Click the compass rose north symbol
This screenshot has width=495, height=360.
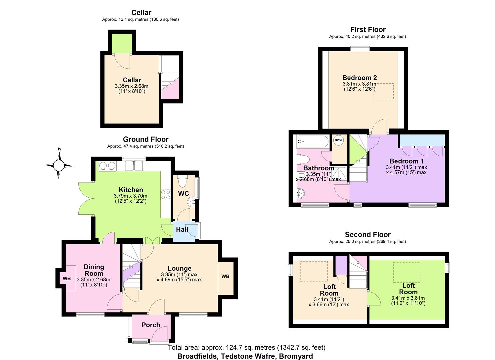click(x=59, y=165)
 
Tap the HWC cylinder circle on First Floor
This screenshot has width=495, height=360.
click(x=338, y=140)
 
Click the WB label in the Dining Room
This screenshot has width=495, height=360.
click(x=67, y=278)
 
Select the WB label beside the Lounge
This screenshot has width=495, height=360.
click(x=225, y=276)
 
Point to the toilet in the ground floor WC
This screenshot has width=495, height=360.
click(x=182, y=181)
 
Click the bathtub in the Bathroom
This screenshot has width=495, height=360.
click(x=313, y=142)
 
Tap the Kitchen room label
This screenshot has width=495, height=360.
click(x=131, y=190)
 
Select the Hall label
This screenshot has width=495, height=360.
click(x=182, y=229)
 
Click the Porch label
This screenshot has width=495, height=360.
click(x=151, y=325)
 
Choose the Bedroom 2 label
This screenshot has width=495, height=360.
click(x=359, y=78)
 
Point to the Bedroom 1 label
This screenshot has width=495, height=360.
click(x=406, y=161)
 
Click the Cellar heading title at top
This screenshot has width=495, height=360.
click(x=141, y=13)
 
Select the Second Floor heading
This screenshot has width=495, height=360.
click(x=367, y=235)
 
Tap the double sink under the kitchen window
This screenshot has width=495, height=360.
click(x=134, y=166)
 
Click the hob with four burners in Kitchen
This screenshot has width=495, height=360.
click(x=166, y=195)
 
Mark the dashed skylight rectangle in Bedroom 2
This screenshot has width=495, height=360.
click(x=383, y=91)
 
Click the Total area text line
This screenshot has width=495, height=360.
click(x=246, y=347)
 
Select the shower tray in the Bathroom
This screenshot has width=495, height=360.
click(x=340, y=173)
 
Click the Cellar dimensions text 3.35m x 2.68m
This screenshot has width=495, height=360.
click(x=131, y=86)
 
